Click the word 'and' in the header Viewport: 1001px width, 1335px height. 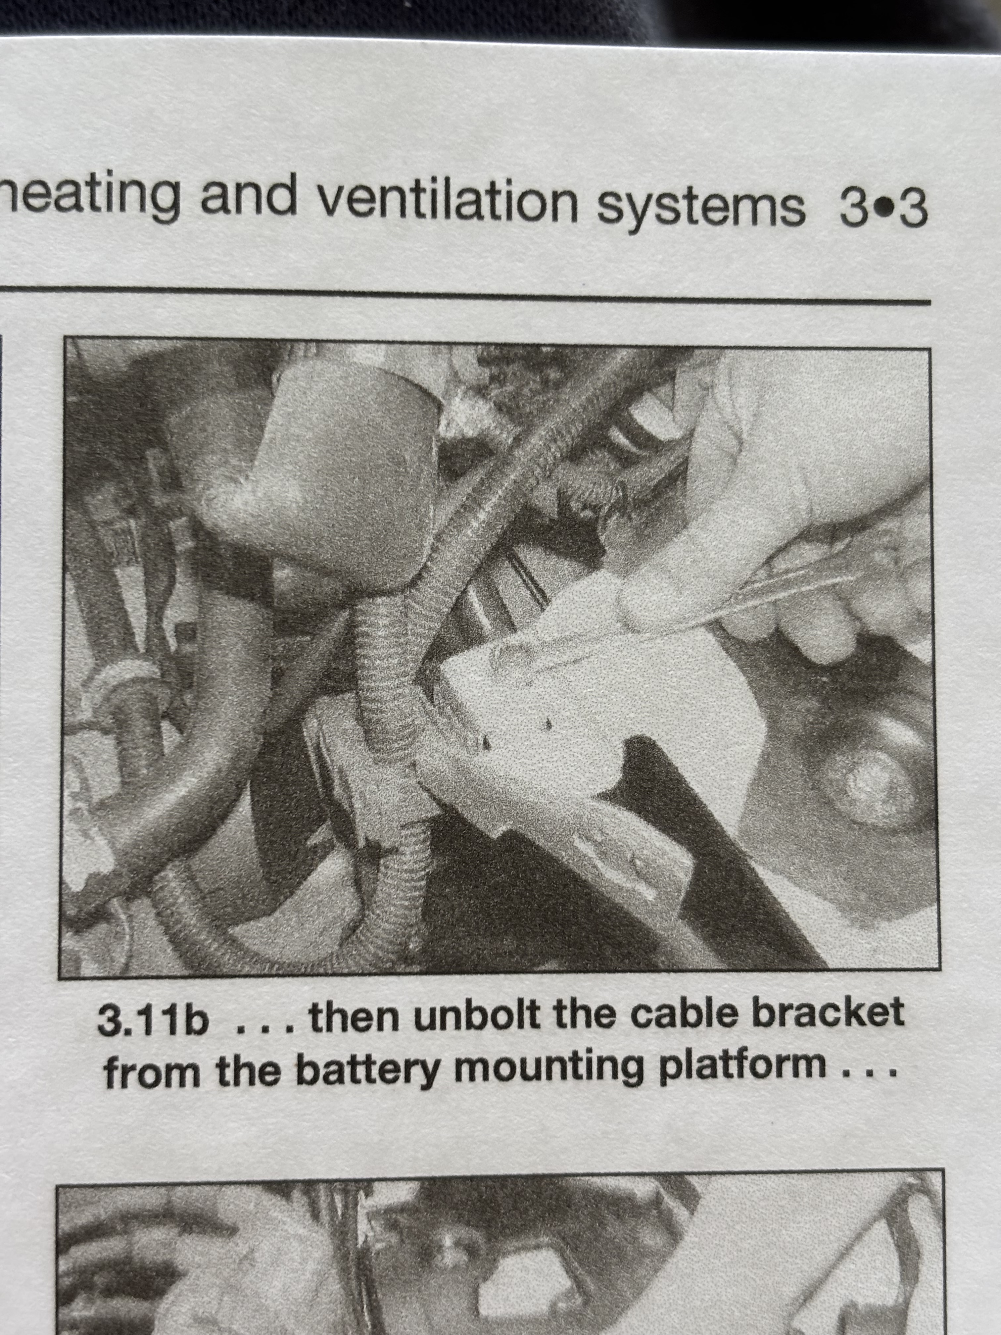[x=249, y=196]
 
